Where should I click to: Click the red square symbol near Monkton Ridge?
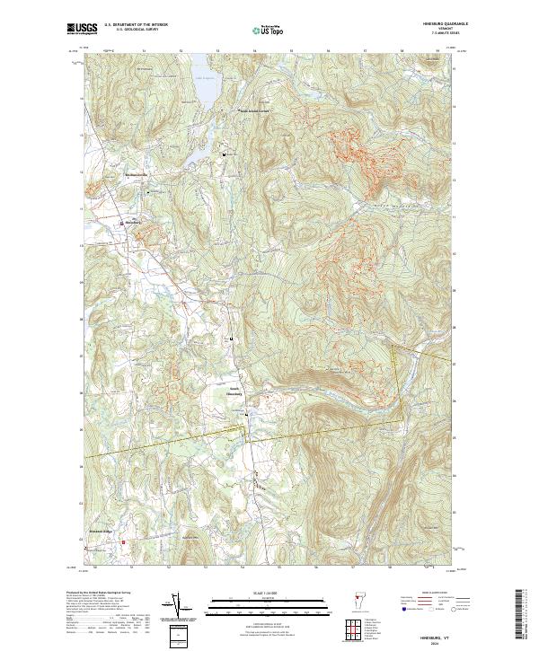pyautogui.click(x=124, y=541)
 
